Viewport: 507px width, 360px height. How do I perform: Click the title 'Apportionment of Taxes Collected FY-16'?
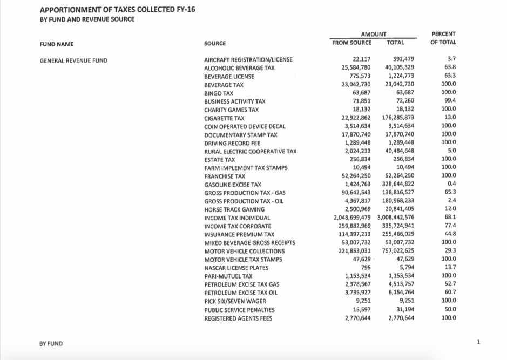coord(117,10)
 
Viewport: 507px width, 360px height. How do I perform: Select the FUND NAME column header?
coord(57,44)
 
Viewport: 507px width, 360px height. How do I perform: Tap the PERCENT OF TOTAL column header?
coord(443,38)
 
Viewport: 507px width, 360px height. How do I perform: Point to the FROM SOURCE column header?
coord(351,42)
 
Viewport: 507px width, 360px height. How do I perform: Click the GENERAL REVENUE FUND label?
coord(73,60)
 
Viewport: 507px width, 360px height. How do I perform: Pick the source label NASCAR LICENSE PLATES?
coord(235,268)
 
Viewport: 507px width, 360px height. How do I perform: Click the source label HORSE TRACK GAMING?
coord(234,209)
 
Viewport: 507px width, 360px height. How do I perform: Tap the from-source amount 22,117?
coord(361,59)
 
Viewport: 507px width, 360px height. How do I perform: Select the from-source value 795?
coord(365,268)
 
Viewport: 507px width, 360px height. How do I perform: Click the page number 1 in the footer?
coord(478,342)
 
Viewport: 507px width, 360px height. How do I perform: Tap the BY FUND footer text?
coord(51,343)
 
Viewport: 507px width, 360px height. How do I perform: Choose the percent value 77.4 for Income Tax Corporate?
coord(449,226)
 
